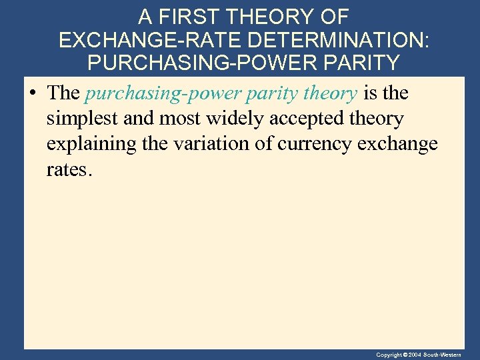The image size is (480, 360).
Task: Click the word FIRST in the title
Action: [x=194, y=17]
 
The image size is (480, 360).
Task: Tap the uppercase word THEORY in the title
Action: [x=271, y=17]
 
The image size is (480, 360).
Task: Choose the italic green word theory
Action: [x=330, y=94]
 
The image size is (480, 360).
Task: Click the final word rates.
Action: [x=68, y=170]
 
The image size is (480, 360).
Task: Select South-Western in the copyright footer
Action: [x=451, y=355]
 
